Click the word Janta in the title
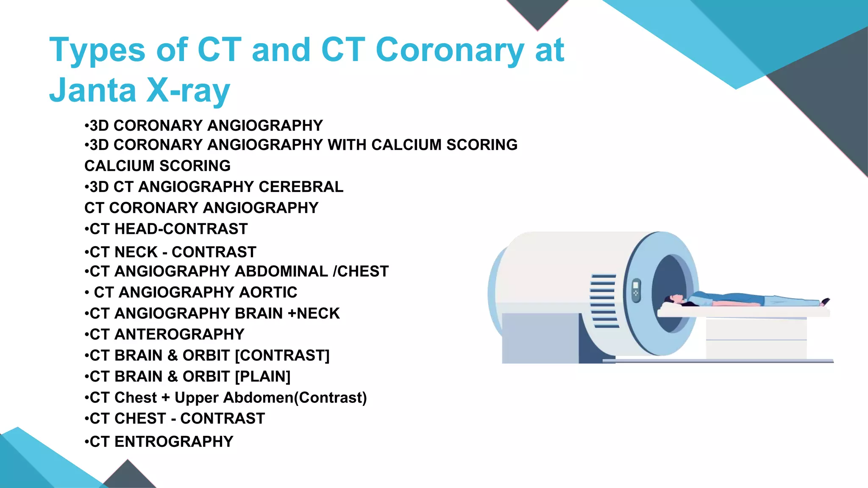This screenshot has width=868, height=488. click(92, 90)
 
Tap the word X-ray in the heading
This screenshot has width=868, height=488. click(188, 90)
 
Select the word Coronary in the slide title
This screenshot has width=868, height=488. click(450, 50)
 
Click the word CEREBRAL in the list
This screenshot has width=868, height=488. click(301, 187)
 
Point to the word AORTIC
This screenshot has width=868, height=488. click(268, 292)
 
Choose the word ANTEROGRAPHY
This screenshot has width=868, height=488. click(179, 334)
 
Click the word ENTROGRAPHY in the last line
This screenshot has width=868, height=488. click(174, 441)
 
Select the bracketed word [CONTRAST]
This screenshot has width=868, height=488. click(282, 355)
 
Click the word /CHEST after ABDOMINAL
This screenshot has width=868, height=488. click(361, 271)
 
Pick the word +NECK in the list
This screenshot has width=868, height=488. click(314, 313)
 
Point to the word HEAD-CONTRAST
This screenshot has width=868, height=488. click(181, 229)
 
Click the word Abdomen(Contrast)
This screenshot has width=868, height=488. click(295, 398)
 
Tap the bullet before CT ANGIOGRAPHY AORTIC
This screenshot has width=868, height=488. click(86, 293)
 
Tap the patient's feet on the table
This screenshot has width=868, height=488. click(825, 301)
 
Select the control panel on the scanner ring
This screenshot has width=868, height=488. click(636, 291)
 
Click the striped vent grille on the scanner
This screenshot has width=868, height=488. click(604, 301)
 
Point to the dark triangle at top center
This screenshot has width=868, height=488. click(537, 13)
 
